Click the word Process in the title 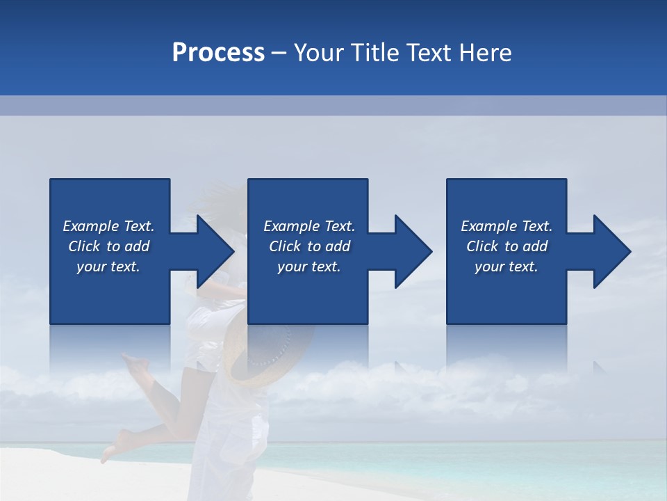point(218,53)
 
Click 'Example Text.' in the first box point(108,226)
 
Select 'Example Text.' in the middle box point(309,226)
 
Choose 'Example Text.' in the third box point(507,226)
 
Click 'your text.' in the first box point(108,267)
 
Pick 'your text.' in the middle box point(309,267)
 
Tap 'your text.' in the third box point(507,267)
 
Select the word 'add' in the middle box point(338,246)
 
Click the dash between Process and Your point(279,54)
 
